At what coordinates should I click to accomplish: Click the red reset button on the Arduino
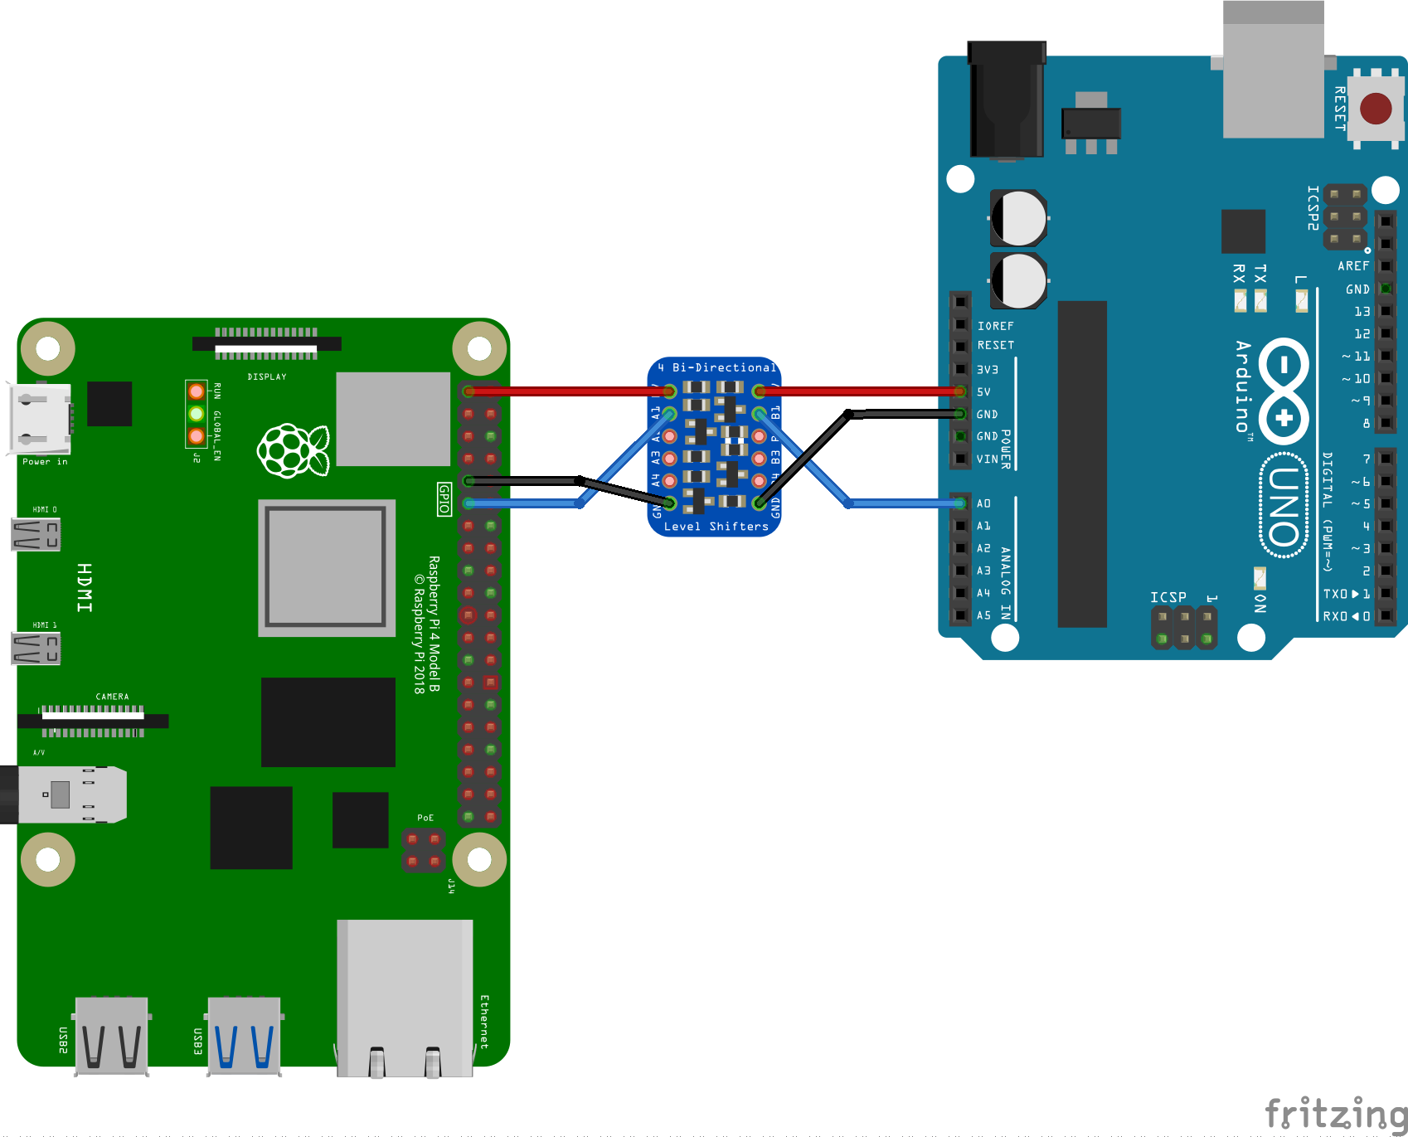(x=1376, y=108)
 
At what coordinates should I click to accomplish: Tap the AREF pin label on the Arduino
(x=1353, y=266)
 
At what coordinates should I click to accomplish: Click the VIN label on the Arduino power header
(x=988, y=459)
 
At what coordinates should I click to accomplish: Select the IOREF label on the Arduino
(x=995, y=326)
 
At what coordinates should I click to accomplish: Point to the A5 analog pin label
(x=983, y=615)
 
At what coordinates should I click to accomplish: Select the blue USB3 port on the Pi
(x=244, y=1037)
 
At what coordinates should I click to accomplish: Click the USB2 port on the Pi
(x=111, y=1037)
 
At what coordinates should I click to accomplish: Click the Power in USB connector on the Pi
(x=40, y=419)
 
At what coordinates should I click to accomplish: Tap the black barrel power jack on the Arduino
(x=1007, y=100)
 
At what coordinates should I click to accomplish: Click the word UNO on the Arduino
(x=1284, y=506)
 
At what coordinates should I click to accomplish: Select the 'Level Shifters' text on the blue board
(x=716, y=527)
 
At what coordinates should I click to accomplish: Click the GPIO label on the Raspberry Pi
(x=444, y=498)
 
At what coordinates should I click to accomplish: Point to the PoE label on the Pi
(x=425, y=818)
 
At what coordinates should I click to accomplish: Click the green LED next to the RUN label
(x=196, y=413)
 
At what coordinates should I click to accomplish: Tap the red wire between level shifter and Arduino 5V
(x=858, y=391)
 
